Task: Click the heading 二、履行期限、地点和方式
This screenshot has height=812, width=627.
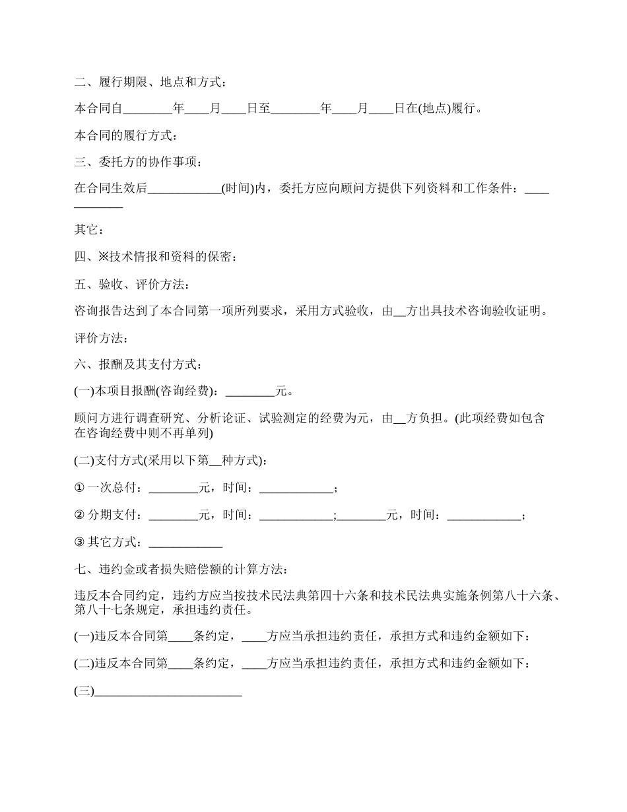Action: (x=152, y=82)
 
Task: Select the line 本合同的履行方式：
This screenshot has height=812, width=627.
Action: (x=125, y=136)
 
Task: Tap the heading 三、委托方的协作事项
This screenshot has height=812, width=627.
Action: (x=139, y=162)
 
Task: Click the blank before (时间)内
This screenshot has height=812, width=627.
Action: (x=184, y=189)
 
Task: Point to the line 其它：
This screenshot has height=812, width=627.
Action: (x=88, y=230)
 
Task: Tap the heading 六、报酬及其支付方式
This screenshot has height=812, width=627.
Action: (x=139, y=364)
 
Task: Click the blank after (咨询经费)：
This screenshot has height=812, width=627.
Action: (x=250, y=391)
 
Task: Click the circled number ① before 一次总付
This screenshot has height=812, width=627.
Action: (x=79, y=488)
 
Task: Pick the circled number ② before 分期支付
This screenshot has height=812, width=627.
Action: (x=79, y=515)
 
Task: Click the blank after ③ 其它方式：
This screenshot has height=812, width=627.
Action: (x=185, y=542)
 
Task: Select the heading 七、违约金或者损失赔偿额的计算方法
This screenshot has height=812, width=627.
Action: (x=181, y=568)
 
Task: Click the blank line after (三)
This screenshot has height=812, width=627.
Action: (x=168, y=692)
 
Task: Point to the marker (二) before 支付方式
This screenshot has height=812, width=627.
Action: (x=84, y=460)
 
